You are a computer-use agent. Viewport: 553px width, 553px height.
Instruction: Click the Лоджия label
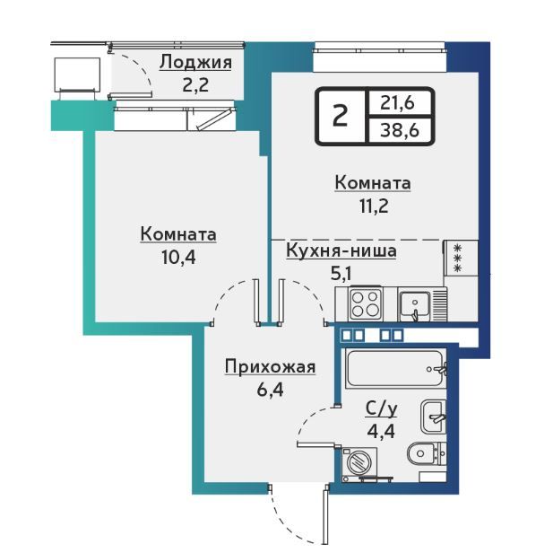coord(195,63)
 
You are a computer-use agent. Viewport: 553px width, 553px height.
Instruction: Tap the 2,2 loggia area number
coord(195,85)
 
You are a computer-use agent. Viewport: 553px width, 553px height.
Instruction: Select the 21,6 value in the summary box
coord(397,103)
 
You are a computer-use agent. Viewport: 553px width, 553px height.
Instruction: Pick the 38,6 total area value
coord(400,130)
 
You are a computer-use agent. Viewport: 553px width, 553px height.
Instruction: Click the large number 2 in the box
coord(340,116)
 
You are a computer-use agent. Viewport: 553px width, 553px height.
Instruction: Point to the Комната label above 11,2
coord(373,184)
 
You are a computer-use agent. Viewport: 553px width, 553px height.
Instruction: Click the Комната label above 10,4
coord(178,234)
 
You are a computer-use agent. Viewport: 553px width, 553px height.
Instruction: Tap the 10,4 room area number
coord(178,258)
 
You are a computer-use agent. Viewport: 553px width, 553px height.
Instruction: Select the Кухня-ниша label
coord(341,250)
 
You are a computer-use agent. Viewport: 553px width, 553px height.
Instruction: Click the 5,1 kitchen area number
coord(341,274)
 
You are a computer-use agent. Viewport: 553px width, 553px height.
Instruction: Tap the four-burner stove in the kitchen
coord(365,304)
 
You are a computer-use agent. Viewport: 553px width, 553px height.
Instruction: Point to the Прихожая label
coord(270,367)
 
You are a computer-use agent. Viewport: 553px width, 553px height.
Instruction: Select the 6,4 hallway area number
coord(270,391)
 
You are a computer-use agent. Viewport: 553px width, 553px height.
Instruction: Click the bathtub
coord(396,368)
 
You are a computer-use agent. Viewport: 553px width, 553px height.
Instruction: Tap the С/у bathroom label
coord(381,409)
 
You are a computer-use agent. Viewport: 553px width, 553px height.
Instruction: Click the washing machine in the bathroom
coord(359,463)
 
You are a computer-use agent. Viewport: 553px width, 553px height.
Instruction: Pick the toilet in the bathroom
coord(427,453)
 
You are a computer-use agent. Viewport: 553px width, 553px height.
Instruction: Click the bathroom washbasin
coord(434,417)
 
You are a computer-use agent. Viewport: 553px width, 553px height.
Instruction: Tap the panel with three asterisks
coord(461,258)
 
